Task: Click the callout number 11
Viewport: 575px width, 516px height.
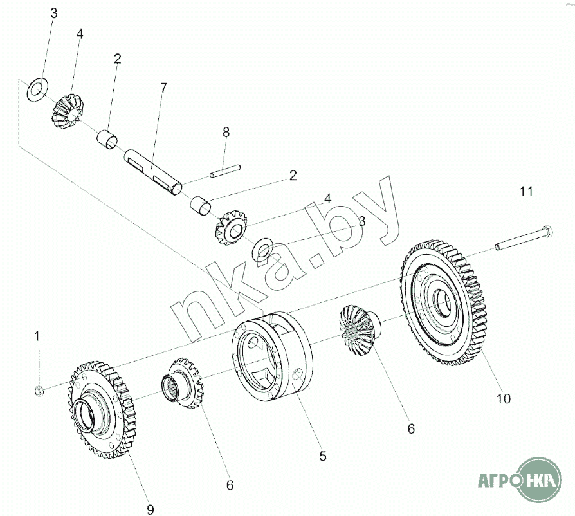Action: click(x=526, y=192)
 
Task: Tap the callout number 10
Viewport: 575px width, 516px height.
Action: click(x=504, y=399)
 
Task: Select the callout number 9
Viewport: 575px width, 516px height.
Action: click(x=150, y=510)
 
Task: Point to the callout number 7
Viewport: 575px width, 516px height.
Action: click(x=163, y=88)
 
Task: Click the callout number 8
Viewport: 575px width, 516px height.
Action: click(x=226, y=132)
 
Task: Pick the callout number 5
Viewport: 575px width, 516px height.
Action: click(x=323, y=456)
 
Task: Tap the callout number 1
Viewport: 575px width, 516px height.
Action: click(x=37, y=336)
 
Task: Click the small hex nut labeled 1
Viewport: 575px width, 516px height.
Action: click(x=39, y=391)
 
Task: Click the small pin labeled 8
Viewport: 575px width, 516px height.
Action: click(x=226, y=171)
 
